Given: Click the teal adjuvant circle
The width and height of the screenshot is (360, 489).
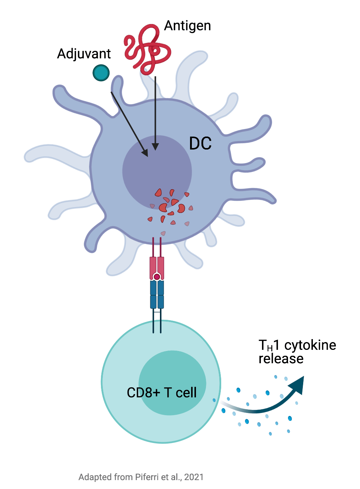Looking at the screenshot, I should (101, 73).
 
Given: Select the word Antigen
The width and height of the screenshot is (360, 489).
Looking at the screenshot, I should (187, 26).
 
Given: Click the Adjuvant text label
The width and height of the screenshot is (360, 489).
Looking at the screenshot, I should (84, 54).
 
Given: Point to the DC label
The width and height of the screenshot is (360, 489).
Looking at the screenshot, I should (200, 144).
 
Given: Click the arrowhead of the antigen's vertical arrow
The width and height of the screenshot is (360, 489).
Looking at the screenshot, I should (155, 147).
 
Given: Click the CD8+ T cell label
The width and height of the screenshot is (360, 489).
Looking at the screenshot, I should (162, 393).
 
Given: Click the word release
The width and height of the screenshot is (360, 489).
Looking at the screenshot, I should (281, 359).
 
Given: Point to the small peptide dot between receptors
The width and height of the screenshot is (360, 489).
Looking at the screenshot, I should (157, 277).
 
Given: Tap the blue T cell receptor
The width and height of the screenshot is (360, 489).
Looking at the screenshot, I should (157, 295).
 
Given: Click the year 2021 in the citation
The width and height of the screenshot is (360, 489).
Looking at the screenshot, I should (194, 477).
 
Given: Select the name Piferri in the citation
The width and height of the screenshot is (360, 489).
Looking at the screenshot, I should (147, 477).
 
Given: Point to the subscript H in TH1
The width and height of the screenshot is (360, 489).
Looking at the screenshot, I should (270, 348).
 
